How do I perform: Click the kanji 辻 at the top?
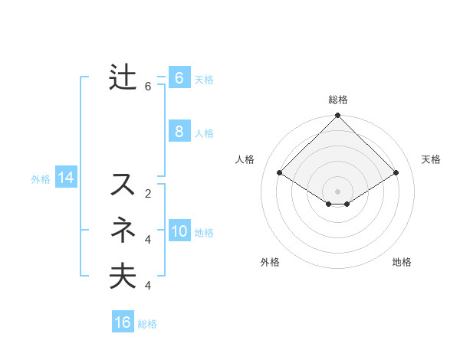(x=123, y=79)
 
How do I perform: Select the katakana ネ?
(x=123, y=230)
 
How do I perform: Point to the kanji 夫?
(x=123, y=276)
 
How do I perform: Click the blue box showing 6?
(x=179, y=78)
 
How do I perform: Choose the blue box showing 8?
(x=179, y=131)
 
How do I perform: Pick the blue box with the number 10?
(x=179, y=231)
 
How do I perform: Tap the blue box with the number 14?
(x=66, y=178)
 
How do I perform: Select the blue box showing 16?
(x=123, y=322)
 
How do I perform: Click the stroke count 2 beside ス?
(x=148, y=194)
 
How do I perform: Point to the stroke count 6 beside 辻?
(x=148, y=87)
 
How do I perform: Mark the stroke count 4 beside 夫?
(x=148, y=286)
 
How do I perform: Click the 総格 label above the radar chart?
(x=338, y=100)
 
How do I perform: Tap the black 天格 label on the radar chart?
(x=431, y=159)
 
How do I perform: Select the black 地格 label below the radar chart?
(x=402, y=262)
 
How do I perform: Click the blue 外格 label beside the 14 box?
(x=41, y=179)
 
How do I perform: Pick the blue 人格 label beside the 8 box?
(x=204, y=133)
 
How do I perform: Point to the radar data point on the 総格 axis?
(x=338, y=116)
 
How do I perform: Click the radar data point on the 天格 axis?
(x=396, y=173)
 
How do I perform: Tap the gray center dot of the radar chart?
(x=338, y=191)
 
